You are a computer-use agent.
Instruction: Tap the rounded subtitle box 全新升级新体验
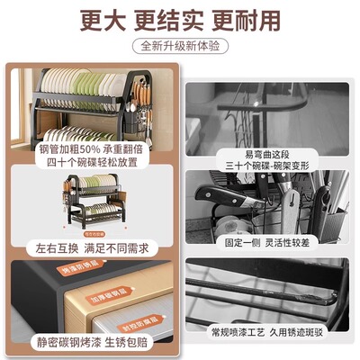coord(180,45)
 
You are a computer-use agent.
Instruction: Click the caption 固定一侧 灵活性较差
coord(271,241)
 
